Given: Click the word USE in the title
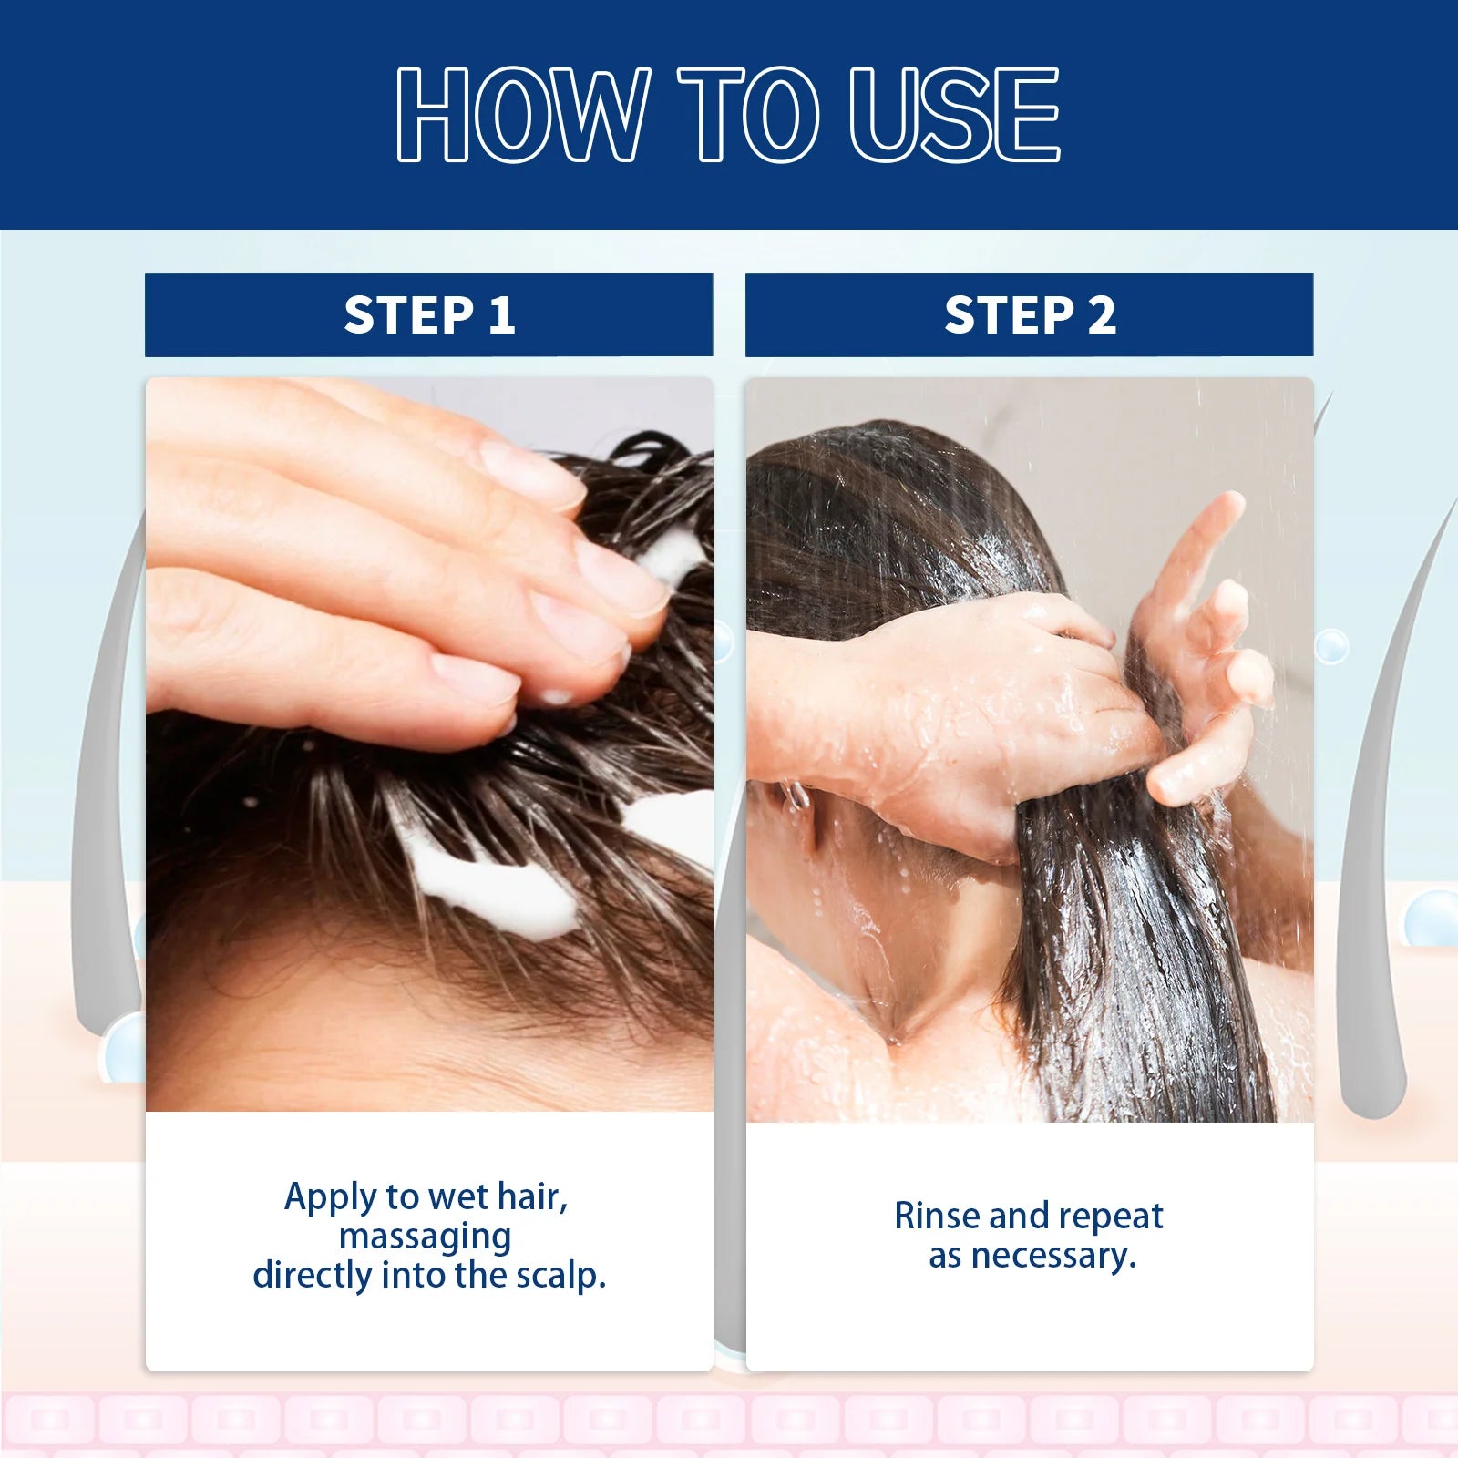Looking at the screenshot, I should point(953,116).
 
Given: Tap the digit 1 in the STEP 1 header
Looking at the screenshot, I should point(501,315).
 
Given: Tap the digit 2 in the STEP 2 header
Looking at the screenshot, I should point(1102,315).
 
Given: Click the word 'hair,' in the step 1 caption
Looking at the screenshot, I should point(532,1197).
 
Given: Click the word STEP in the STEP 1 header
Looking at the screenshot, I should point(408,315).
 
